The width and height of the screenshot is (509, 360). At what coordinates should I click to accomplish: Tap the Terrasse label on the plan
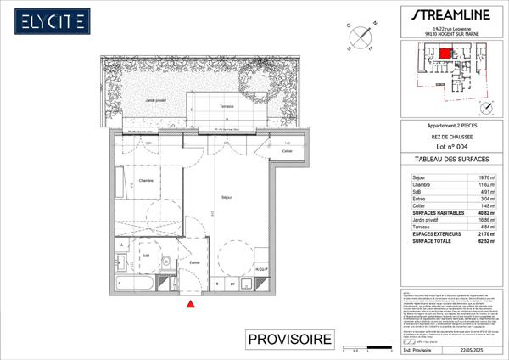click(x=226, y=106)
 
